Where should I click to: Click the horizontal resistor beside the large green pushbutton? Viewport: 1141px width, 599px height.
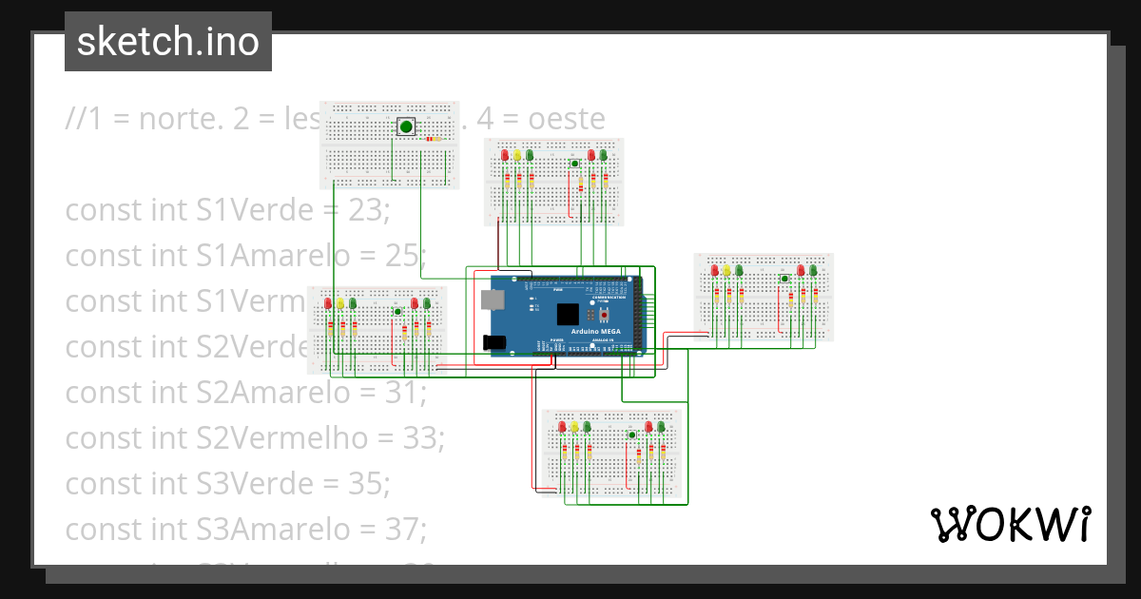tap(435, 139)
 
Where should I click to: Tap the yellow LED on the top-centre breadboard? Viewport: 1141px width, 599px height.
tap(517, 156)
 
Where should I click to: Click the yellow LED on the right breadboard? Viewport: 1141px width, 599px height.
tap(727, 271)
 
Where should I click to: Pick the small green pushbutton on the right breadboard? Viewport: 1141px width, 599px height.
tap(784, 279)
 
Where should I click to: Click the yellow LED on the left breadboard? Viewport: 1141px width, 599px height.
tap(340, 303)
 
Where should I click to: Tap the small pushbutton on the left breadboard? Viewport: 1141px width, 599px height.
tap(397, 311)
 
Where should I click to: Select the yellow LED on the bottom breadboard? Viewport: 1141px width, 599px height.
tap(575, 427)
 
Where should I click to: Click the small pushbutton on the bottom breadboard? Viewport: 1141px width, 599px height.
tap(631, 435)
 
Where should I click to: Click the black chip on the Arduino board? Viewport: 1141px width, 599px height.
tap(569, 315)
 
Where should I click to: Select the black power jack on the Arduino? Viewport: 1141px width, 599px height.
tap(493, 342)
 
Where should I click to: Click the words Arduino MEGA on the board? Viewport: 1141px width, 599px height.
tap(595, 331)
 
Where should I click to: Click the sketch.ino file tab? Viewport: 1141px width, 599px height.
tap(168, 42)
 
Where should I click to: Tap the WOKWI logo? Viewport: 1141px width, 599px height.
tap(1010, 524)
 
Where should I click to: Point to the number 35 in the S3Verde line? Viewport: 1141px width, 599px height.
tap(369, 484)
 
